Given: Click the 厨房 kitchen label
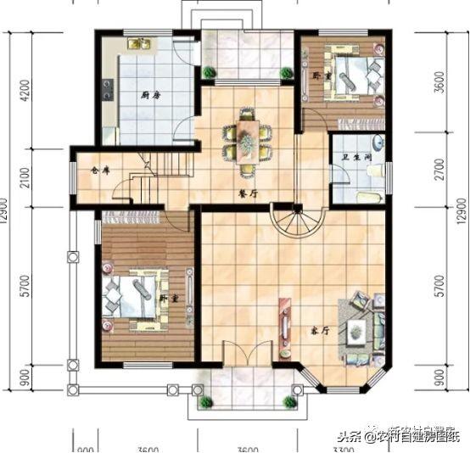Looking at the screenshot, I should pyautogui.click(x=151, y=95).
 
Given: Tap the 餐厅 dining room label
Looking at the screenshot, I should pyautogui.click(x=249, y=192).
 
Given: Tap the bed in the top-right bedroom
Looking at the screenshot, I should pyautogui.click(x=351, y=78).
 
